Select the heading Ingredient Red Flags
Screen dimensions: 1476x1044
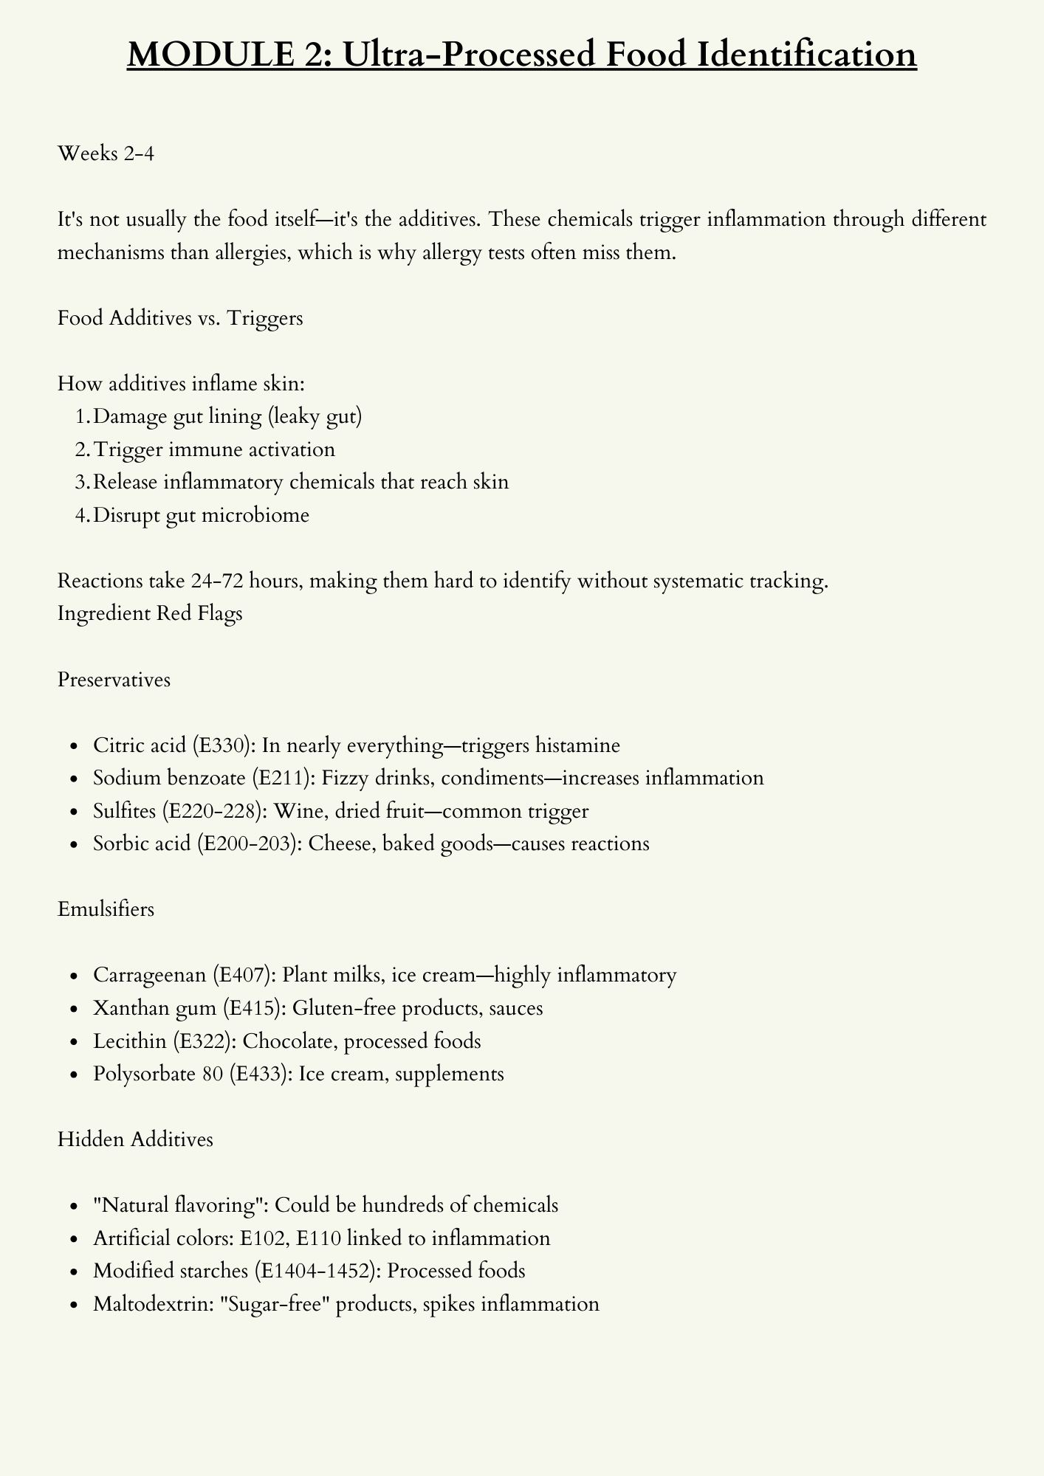point(150,614)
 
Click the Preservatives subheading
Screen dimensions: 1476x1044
point(114,679)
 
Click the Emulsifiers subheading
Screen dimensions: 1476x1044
point(106,908)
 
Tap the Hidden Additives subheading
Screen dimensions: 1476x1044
point(135,1139)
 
